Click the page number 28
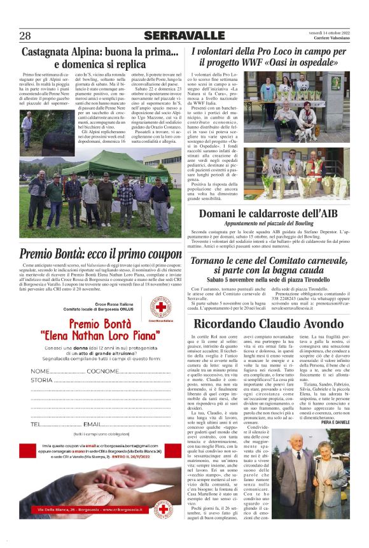(x=25, y=35)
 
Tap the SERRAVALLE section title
(x=184, y=35)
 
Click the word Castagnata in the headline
(x=53, y=53)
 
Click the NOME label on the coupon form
(x=39, y=371)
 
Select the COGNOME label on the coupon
(x=102, y=371)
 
